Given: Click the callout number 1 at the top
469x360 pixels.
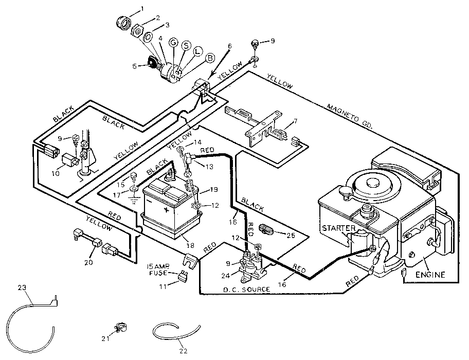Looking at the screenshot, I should pyautogui.click(x=143, y=9).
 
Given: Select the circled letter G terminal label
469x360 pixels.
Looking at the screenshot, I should pyautogui.click(x=173, y=43).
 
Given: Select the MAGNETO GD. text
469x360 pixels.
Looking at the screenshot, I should pyautogui.click(x=351, y=115).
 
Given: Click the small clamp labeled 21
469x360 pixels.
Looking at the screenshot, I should pyautogui.click(x=120, y=327).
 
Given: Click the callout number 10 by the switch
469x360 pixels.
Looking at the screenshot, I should pyautogui.click(x=56, y=173).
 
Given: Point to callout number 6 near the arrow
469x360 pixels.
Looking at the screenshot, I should pyautogui.click(x=229, y=46).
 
